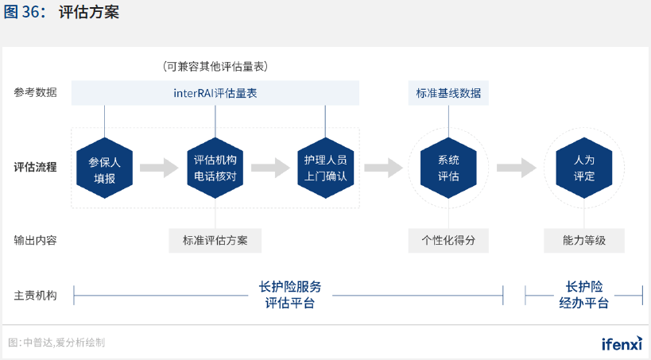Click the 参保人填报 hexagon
point(104,168)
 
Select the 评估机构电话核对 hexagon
point(215,168)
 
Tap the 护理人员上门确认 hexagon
point(326,168)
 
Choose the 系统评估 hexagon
point(448,168)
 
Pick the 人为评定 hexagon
point(584,168)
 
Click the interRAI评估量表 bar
point(215,93)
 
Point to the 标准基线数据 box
point(448,93)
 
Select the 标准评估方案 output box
point(215,240)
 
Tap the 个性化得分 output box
point(448,240)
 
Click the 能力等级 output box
point(584,240)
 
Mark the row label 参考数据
point(35,93)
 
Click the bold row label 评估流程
point(35,168)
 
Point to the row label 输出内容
point(35,240)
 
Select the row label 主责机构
point(35,295)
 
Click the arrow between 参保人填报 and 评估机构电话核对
point(159,168)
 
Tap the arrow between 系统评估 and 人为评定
point(517,168)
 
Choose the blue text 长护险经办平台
point(584,295)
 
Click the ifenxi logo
point(621,343)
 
